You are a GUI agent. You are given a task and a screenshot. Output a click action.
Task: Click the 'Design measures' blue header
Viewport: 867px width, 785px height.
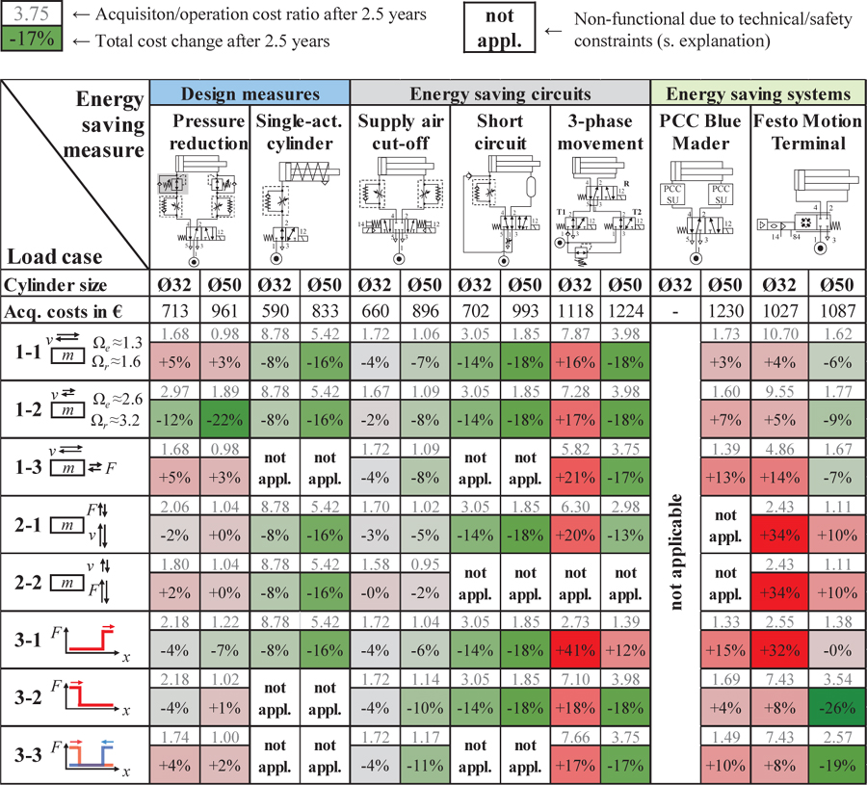click(250, 93)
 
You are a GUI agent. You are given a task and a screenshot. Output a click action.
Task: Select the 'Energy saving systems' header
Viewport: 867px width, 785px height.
click(758, 93)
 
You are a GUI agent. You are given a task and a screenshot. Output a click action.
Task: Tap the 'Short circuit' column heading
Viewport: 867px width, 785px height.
click(500, 133)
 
